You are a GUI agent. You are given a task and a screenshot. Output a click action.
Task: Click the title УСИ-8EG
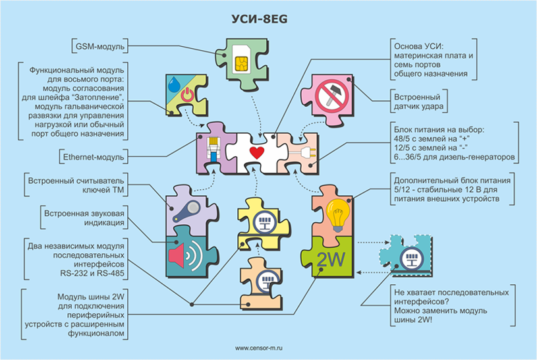[268, 19]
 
